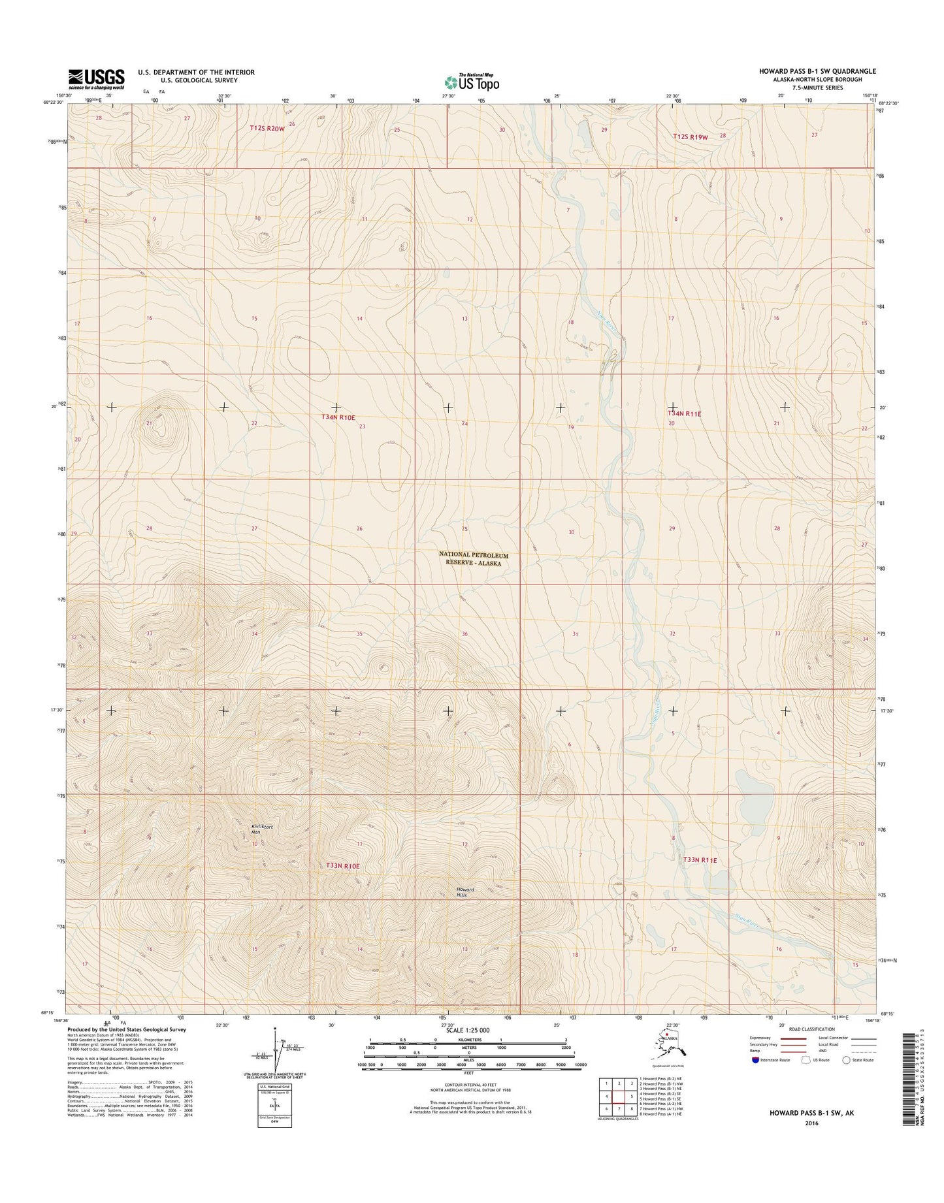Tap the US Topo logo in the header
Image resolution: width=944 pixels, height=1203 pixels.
[x=472, y=82]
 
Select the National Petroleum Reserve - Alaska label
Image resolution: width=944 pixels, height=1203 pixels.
[x=474, y=558]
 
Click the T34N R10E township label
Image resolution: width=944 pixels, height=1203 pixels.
[x=338, y=417]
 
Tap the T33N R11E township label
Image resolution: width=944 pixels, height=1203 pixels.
[x=700, y=860]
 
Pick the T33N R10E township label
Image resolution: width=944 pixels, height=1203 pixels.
[x=342, y=865]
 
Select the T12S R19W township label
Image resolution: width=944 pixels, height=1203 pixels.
[x=691, y=136]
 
